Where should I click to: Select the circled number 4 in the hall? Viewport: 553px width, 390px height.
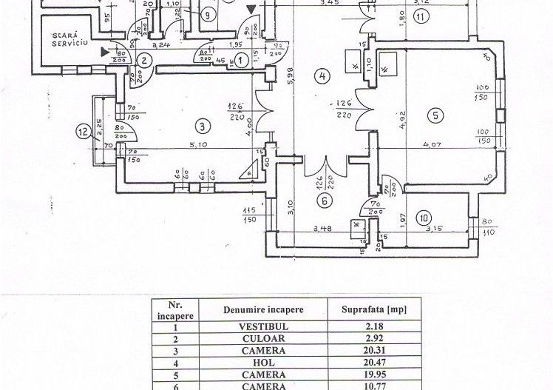click(x=322, y=75)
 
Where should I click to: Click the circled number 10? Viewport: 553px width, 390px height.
click(x=423, y=218)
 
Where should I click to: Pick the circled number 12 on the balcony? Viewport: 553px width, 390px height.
click(x=83, y=132)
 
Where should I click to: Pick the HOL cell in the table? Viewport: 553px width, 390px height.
click(x=262, y=364)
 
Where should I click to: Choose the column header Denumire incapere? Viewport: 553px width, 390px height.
click(x=263, y=308)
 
